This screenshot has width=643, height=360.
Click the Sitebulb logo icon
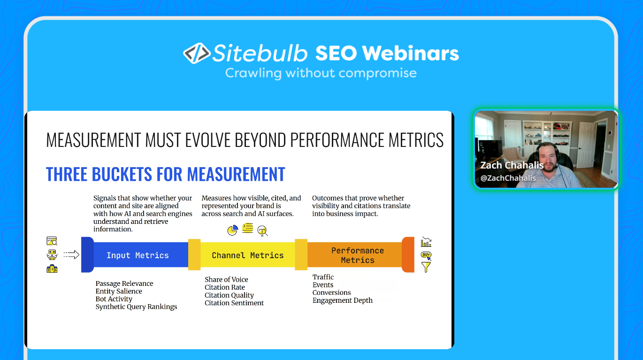coord(196,54)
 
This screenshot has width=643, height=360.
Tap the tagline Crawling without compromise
coord(321,73)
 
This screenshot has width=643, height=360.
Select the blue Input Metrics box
coord(138,255)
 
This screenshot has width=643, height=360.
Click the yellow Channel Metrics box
coord(247,255)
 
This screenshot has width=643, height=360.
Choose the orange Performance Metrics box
coord(357,255)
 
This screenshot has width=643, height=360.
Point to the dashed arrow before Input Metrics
coord(71,255)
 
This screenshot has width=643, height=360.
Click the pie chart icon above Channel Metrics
coord(232,230)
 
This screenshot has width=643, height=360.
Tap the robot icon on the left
coord(52,255)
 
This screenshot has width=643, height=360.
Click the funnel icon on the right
coord(426,268)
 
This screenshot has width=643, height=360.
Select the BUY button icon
coord(426,255)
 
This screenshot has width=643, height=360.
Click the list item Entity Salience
coord(119,291)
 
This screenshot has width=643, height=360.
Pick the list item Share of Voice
coord(226,280)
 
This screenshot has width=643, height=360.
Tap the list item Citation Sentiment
coord(234,303)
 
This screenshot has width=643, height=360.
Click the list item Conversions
coord(331,292)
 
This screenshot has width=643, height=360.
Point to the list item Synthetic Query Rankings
coord(136,307)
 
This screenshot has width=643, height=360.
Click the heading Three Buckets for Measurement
coord(165,174)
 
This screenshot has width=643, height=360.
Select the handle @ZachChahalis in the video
coord(508,178)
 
